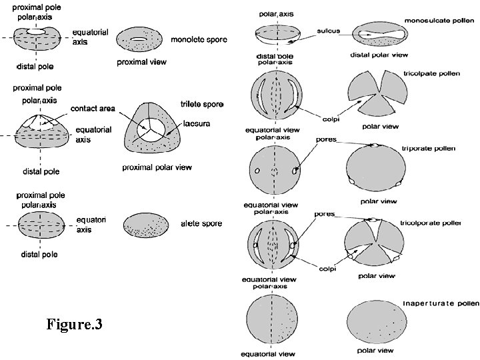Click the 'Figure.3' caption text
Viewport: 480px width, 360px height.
click(x=74, y=325)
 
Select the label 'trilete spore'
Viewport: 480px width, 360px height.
click(x=201, y=105)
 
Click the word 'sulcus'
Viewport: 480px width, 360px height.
click(x=329, y=30)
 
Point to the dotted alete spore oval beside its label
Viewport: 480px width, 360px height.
click(x=148, y=225)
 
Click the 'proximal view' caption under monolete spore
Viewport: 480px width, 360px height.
click(x=141, y=62)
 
